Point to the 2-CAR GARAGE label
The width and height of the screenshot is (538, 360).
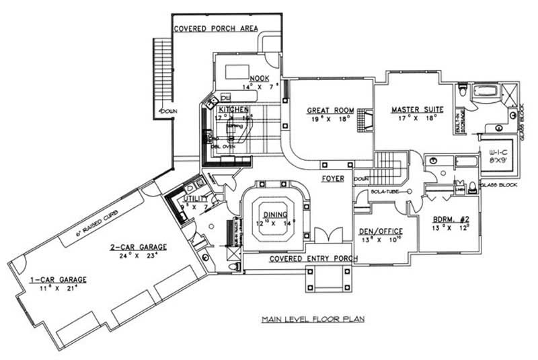click(x=139, y=247)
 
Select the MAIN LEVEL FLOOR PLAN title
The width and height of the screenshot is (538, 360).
click(x=313, y=320)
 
